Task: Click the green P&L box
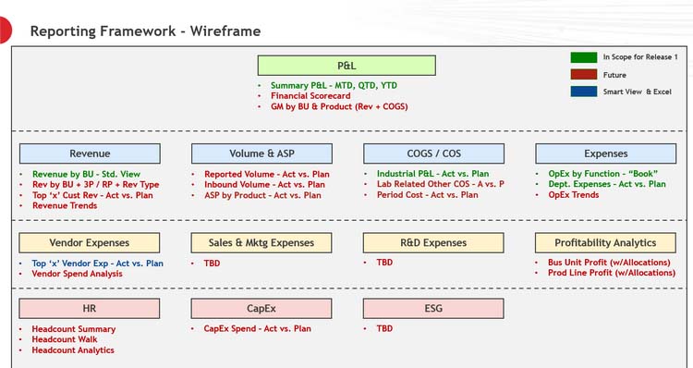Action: (x=346, y=66)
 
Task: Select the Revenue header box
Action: (x=90, y=153)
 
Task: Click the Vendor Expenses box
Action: (x=90, y=242)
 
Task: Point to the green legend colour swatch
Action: (x=583, y=57)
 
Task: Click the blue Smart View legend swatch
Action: (x=583, y=92)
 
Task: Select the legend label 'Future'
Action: (x=614, y=75)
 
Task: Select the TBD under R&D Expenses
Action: (x=384, y=263)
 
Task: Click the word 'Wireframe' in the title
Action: (x=225, y=31)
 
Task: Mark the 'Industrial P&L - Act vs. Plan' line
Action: (x=432, y=174)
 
